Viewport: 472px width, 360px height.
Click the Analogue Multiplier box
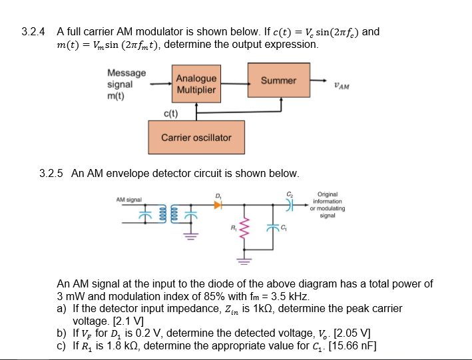[x=196, y=84]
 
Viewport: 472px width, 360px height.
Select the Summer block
[x=278, y=81]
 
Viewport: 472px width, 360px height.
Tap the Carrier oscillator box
[x=196, y=138]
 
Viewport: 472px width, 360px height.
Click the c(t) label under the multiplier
[x=170, y=114]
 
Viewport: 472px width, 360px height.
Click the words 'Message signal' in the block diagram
[x=126, y=79]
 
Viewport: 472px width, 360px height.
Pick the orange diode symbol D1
[x=218, y=206]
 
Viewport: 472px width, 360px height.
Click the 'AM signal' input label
[x=128, y=199]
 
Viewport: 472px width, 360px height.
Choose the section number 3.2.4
[x=33, y=31]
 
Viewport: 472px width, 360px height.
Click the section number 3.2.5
[x=52, y=173]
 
